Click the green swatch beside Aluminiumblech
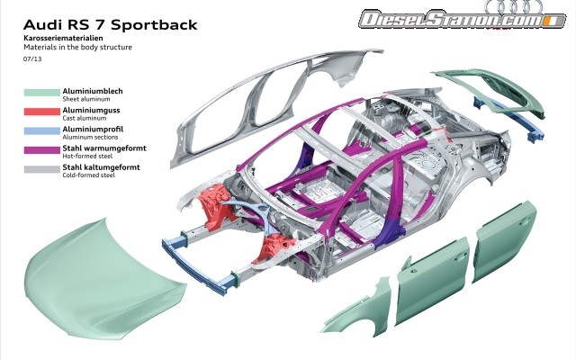(40, 91)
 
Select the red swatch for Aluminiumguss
(40, 110)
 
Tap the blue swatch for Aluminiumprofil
(40, 129)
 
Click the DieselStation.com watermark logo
(446, 18)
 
